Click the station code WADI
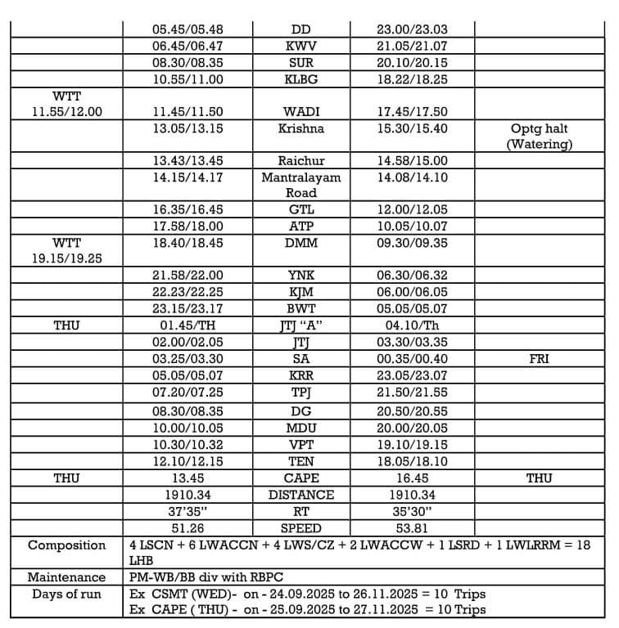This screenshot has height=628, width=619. pos(300,112)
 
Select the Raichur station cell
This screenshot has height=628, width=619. pos(300,161)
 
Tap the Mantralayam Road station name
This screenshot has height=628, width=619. pos(300,185)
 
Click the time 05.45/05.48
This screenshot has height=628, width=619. pos(188,29)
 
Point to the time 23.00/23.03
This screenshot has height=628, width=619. pos(412,29)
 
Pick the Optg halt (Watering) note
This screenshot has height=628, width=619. pos(538,137)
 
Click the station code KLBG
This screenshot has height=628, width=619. pos(300,79)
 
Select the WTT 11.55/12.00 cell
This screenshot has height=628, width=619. pos(66,104)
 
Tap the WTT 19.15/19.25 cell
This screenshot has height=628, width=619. pos(66,250)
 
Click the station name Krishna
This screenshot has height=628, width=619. pos(300,128)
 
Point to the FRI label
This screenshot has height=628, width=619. pos(539,358)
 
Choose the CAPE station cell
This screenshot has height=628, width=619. pos(300,478)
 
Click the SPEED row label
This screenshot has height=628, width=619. pos(300,528)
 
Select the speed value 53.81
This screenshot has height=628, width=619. pos(412,528)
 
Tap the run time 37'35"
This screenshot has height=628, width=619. pos(188,512)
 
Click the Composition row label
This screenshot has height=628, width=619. pos(66,545)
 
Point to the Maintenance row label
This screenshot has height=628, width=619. pos(66,577)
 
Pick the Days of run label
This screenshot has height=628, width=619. pos(66,594)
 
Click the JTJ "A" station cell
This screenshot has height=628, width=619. pos(300,325)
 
